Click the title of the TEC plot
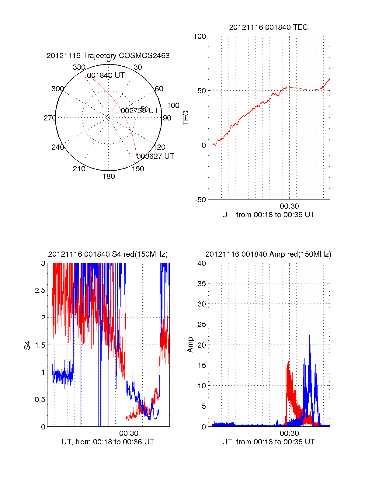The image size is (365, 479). point(268,27)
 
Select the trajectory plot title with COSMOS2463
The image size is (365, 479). point(108,56)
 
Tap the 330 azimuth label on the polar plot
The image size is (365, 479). point(79,67)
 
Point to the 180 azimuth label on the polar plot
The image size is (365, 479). point(109,176)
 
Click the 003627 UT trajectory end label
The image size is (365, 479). point(155,156)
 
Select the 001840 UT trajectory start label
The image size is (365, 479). point(106,75)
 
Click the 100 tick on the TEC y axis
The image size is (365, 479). point(200,36)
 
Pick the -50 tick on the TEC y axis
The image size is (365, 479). point(200,200)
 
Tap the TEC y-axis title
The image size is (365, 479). point(186,118)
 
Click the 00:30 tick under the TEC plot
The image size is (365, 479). point(289,206)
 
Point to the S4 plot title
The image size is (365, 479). point(108,254)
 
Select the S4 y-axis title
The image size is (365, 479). point(27,345)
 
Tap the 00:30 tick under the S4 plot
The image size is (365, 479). point(129,433)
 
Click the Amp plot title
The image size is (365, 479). point(268,254)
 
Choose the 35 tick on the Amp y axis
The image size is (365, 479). point(202,284)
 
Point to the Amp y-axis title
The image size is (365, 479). point(190,345)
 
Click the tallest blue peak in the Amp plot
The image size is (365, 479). point(310,336)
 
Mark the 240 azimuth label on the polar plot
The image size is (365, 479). point(58,147)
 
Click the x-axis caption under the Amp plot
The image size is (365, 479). point(268,442)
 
